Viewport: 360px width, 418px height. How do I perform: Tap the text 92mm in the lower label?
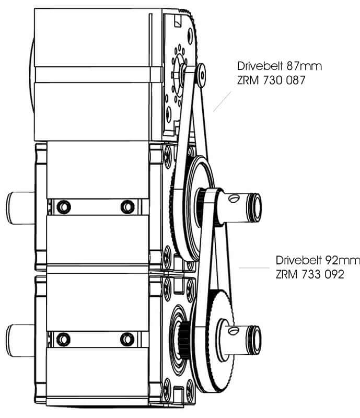343,260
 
